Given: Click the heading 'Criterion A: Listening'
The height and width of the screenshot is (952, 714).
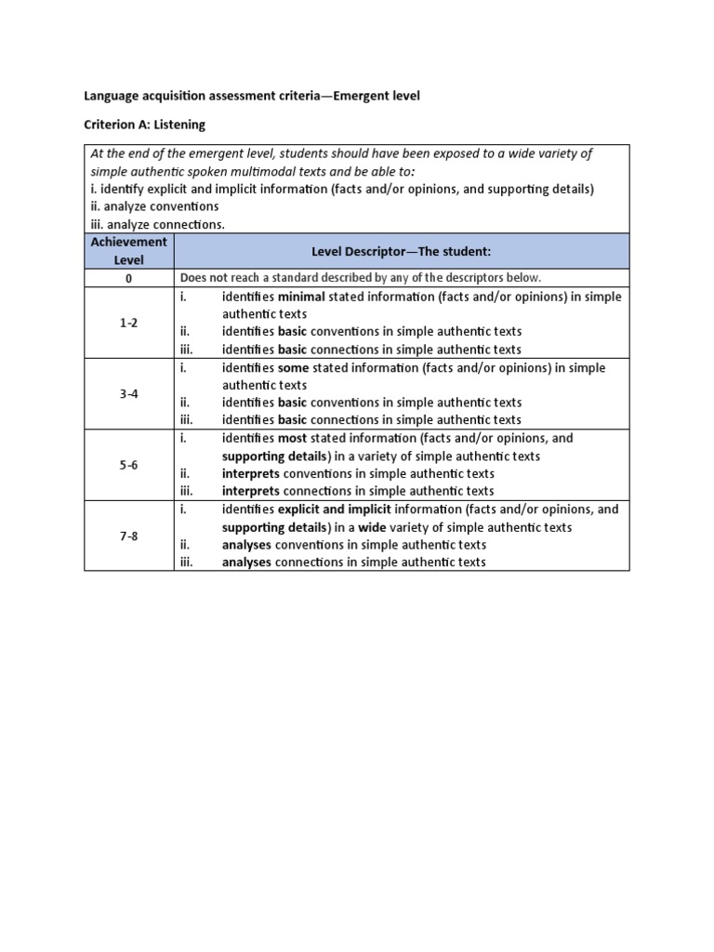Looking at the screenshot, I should [145, 124].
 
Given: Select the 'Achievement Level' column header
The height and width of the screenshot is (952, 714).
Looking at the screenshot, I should [128, 251].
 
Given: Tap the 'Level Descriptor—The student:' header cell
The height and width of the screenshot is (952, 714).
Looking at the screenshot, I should [401, 251].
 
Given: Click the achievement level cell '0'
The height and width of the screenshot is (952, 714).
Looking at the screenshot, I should [128, 278].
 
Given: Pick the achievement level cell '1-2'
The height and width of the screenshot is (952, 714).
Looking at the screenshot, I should [128, 323].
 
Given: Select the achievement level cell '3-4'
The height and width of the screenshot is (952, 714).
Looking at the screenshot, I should [128, 394].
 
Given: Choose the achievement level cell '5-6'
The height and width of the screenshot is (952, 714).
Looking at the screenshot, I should [128, 465].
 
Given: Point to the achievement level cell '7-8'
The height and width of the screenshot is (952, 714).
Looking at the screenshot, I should [128, 536].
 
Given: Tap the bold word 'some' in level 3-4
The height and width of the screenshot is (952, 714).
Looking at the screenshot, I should [293, 368].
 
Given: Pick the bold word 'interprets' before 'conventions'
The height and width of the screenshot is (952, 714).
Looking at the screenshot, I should [250, 473].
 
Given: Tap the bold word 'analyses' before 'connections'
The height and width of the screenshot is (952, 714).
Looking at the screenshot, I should [246, 562].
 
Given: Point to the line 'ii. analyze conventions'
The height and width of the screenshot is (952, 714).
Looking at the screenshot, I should [154, 206].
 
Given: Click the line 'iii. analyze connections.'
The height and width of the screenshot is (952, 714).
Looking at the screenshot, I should [158, 224].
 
